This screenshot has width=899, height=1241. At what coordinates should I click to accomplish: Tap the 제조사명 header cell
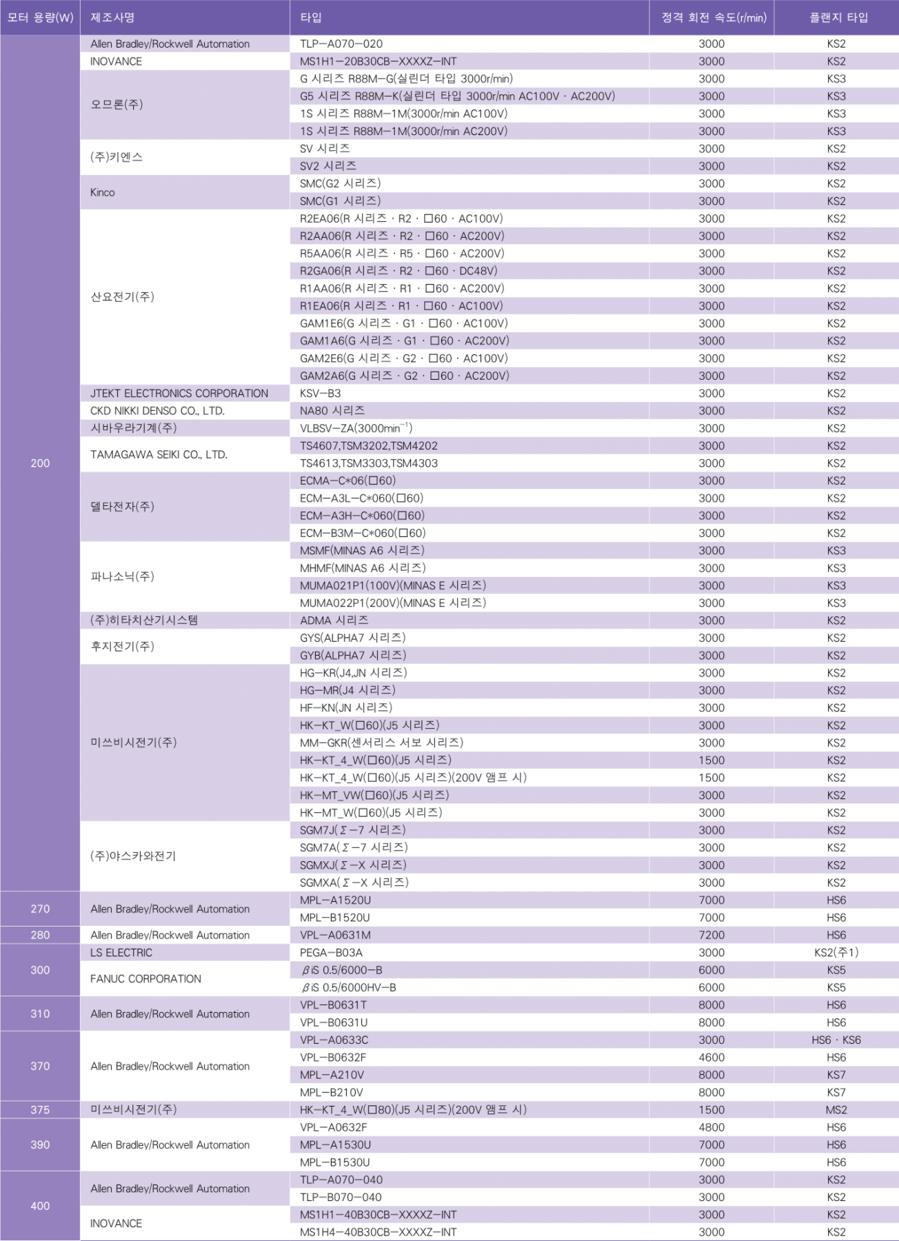pos(113,18)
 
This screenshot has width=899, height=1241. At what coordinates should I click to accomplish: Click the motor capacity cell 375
pos(40,1110)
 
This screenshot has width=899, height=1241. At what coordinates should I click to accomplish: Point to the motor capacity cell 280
pos(40,935)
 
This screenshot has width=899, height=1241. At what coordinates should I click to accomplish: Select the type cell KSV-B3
pos(321,394)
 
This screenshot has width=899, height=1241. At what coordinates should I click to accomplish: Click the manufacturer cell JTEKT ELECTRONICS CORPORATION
pos(179,394)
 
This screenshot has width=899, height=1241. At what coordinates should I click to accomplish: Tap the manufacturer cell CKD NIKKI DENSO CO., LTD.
pos(157,411)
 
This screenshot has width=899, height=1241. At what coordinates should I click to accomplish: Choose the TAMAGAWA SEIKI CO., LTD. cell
pos(159,455)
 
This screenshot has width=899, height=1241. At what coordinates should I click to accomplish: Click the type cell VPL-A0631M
pos(335,935)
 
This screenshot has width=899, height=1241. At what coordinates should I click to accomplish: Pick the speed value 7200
pos(711,935)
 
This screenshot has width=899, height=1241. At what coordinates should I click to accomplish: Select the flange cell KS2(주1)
pos(836,953)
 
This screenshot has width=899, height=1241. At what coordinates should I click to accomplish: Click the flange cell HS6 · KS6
pos(836,1040)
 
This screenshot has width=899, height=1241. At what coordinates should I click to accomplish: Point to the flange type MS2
pos(836,1110)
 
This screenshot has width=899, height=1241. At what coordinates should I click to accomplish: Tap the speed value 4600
pos(711,1058)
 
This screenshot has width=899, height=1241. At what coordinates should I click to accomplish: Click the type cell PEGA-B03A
pos(331,953)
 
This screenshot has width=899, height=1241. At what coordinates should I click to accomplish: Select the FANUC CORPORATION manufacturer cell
pos(145,979)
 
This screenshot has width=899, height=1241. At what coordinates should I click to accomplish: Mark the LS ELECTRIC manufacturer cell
pos(121,953)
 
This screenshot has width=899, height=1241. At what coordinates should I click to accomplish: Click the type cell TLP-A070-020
pos(341,44)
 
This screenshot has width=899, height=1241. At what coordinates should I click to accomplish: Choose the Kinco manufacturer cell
pos(103,192)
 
